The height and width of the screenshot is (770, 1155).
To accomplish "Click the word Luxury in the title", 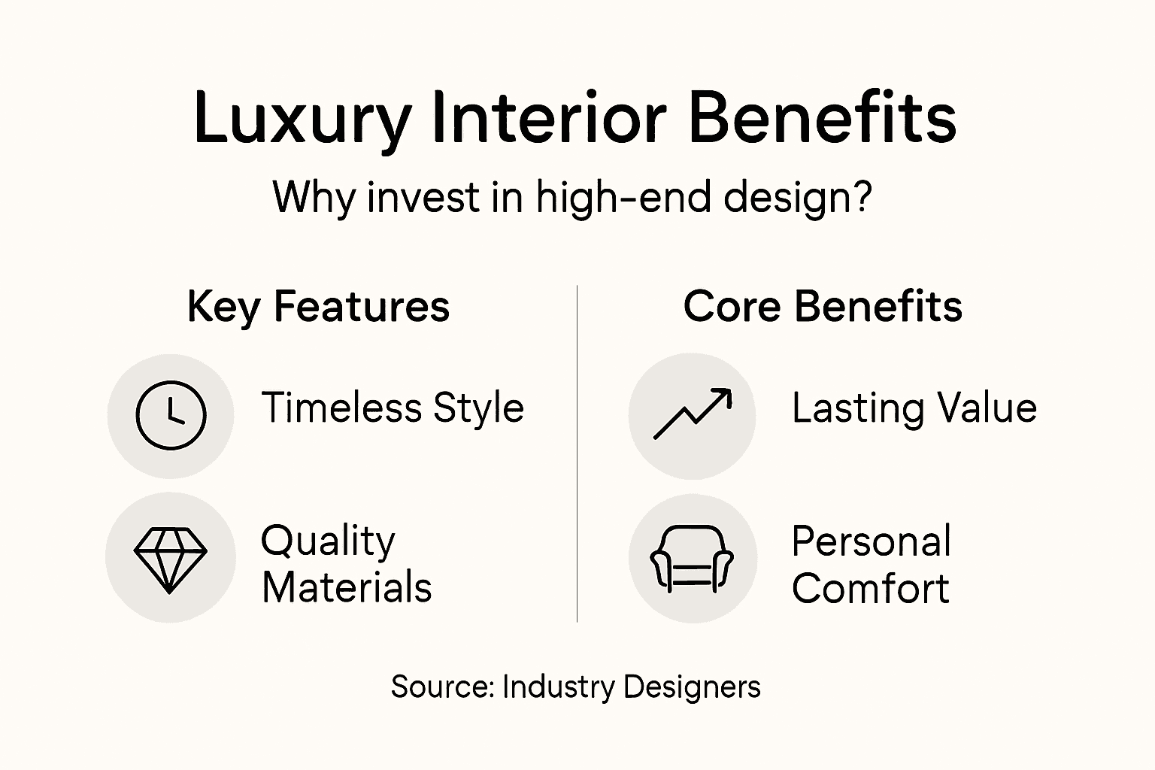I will pyautogui.click(x=302, y=119).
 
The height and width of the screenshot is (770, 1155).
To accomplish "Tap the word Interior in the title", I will pyautogui.click(x=549, y=117).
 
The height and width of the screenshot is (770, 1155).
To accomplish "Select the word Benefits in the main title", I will pyautogui.click(x=822, y=117).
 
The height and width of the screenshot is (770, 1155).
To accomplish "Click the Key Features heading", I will pyautogui.click(x=318, y=307).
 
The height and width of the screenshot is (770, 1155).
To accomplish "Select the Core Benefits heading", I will pyautogui.click(x=823, y=307).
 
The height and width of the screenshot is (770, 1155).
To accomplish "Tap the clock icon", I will pyautogui.click(x=171, y=415).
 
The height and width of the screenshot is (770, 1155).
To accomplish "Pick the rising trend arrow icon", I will pyautogui.click(x=693, y=414).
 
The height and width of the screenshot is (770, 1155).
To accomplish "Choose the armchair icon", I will pyautogui.click(x=692, y=559).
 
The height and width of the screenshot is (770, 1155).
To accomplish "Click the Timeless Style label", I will pyautogui.click(x=393, y=408).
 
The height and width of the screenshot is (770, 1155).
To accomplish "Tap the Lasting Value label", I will pyautogui.click(x=914, y=408).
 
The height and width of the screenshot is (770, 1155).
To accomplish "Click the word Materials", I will pyautogui.click(x=347, y=588).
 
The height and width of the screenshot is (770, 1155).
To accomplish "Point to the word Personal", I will pyautogui.click(x=872, y=541).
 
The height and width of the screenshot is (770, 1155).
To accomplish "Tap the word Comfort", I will pyautogui.click(x=870, y=588).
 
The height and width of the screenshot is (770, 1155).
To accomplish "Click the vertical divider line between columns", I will pyautogui.click(x=577, y=451).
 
